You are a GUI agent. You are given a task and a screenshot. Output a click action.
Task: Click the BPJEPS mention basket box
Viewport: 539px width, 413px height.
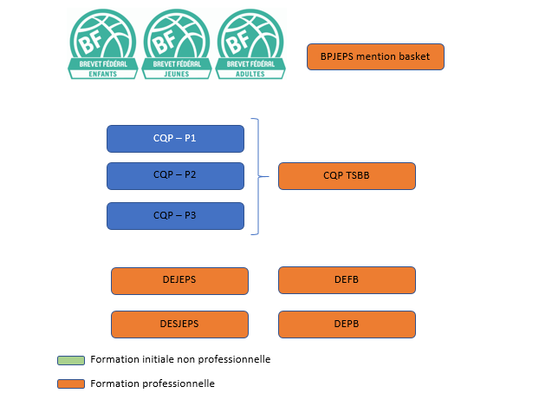coord(375,57)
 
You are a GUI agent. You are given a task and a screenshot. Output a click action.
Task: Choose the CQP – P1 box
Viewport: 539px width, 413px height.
coord(175,139)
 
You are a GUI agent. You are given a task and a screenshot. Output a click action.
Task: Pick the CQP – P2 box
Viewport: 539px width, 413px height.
coord(175,175)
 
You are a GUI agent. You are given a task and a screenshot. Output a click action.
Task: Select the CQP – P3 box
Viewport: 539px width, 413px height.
coord(175,215)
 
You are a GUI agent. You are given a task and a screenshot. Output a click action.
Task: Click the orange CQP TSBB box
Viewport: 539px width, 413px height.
coord(347,175)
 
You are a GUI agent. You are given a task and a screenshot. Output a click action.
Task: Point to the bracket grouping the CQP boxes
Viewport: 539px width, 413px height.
coord(257,176)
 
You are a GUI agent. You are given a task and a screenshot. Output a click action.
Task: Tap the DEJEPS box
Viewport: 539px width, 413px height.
coord(179,280)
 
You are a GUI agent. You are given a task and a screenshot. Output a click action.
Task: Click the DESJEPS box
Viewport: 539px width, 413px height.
coord(179,324)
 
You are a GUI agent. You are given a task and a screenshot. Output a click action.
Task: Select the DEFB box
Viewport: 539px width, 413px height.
coord(347,280)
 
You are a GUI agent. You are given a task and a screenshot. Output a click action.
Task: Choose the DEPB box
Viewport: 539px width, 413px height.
coord(347,324)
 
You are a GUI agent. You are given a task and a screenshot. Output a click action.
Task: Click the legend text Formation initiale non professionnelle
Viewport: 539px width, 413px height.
coord(180,359)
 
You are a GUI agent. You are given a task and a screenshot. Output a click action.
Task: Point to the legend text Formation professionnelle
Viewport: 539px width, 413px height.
coord(152,383)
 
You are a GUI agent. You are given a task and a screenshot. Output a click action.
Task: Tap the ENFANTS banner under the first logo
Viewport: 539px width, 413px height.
coord(104,74)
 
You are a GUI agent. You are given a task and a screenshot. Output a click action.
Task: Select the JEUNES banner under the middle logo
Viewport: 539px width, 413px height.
coord(177,74)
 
